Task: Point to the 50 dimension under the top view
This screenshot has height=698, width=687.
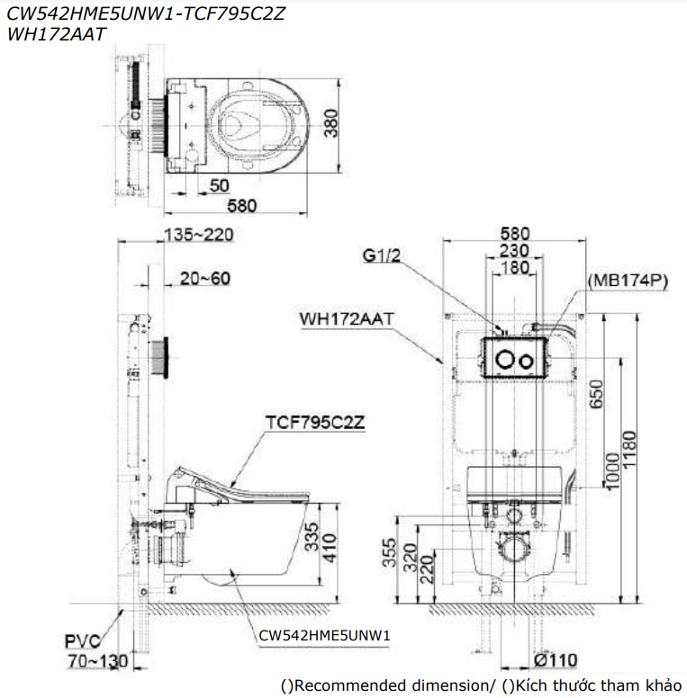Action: pyautogui.click(x=219, y=185)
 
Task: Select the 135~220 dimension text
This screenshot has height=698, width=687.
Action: pyautogui.click(x=199, y=235)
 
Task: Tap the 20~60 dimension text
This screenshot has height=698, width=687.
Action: pyautogui.click(x=204, y=279)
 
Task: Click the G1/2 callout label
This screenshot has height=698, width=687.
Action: pyautogui.click(x=382, y=255)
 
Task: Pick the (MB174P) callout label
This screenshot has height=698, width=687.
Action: pyautogui.click(x=627, y=282)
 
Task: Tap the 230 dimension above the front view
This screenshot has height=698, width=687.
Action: pyautogui.click(x=514, y=252)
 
